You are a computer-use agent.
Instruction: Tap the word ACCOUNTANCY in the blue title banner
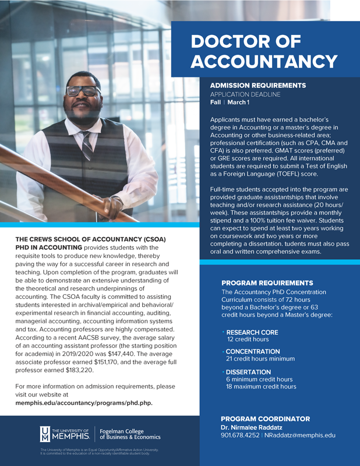click(x=264, y=62)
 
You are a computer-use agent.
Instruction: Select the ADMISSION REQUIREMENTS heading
click(x=257, y=86)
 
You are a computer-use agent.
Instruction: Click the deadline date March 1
click(x=238, y=103)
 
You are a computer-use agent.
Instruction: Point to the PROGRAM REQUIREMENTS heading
click(x=267, y=283)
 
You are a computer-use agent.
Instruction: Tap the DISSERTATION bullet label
click(x=248, y=372)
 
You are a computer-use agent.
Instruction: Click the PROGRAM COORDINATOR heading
click(x=265, y=419)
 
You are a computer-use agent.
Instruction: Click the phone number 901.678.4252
click(x=240, y=436)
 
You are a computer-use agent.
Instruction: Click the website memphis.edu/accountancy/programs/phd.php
click(x=84, y=403)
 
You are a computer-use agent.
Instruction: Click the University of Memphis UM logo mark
click(x=45, y=433)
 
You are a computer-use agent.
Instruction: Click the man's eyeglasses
click(x=83, y=91)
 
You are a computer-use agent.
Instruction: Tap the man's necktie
click(x=88, y=146)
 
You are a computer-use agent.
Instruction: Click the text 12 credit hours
click(x=248, y=339)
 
